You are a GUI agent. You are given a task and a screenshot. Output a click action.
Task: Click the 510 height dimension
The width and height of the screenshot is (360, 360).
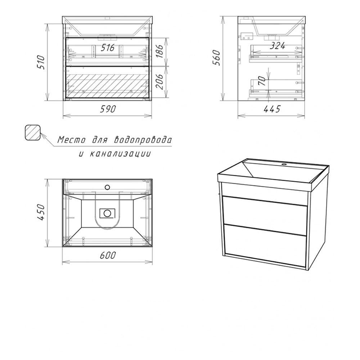(x=41, y=62)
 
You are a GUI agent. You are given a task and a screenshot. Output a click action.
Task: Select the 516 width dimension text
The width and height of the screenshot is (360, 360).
(x=108, y=48)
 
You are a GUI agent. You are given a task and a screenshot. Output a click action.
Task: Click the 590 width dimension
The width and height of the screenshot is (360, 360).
(x=108, y=109)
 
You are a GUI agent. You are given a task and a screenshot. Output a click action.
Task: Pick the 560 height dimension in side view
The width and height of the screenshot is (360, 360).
(x=216, y=58)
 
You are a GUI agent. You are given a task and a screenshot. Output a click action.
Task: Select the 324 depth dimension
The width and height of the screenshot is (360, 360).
(x=277, y=46)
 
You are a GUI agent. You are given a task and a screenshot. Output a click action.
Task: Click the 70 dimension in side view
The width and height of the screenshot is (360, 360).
(x=262, y=81)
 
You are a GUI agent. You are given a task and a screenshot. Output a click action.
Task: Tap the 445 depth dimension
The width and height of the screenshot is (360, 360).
(x=272, y=109)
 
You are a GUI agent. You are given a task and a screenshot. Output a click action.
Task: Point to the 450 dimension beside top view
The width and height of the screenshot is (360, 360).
(x=41, y=212)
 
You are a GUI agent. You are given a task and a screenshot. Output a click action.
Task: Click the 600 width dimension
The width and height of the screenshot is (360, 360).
(x=108, y=255)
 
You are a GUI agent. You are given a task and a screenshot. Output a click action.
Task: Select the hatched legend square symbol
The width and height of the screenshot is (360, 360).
(x=33, y=132)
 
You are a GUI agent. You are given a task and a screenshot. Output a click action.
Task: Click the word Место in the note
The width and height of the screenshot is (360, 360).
(x=71, y=140)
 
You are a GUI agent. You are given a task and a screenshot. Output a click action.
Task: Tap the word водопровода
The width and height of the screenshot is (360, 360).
(x=143, y=140)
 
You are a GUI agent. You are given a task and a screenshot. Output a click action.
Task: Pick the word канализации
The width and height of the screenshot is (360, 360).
(x=120, y=154)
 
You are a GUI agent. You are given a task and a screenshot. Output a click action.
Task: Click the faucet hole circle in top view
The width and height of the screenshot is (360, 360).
(x=107, y=187)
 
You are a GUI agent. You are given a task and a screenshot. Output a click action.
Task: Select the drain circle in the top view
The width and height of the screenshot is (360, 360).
(x=107, y=213)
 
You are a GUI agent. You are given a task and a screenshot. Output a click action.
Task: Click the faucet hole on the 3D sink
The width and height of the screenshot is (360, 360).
(x=284, y=165)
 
